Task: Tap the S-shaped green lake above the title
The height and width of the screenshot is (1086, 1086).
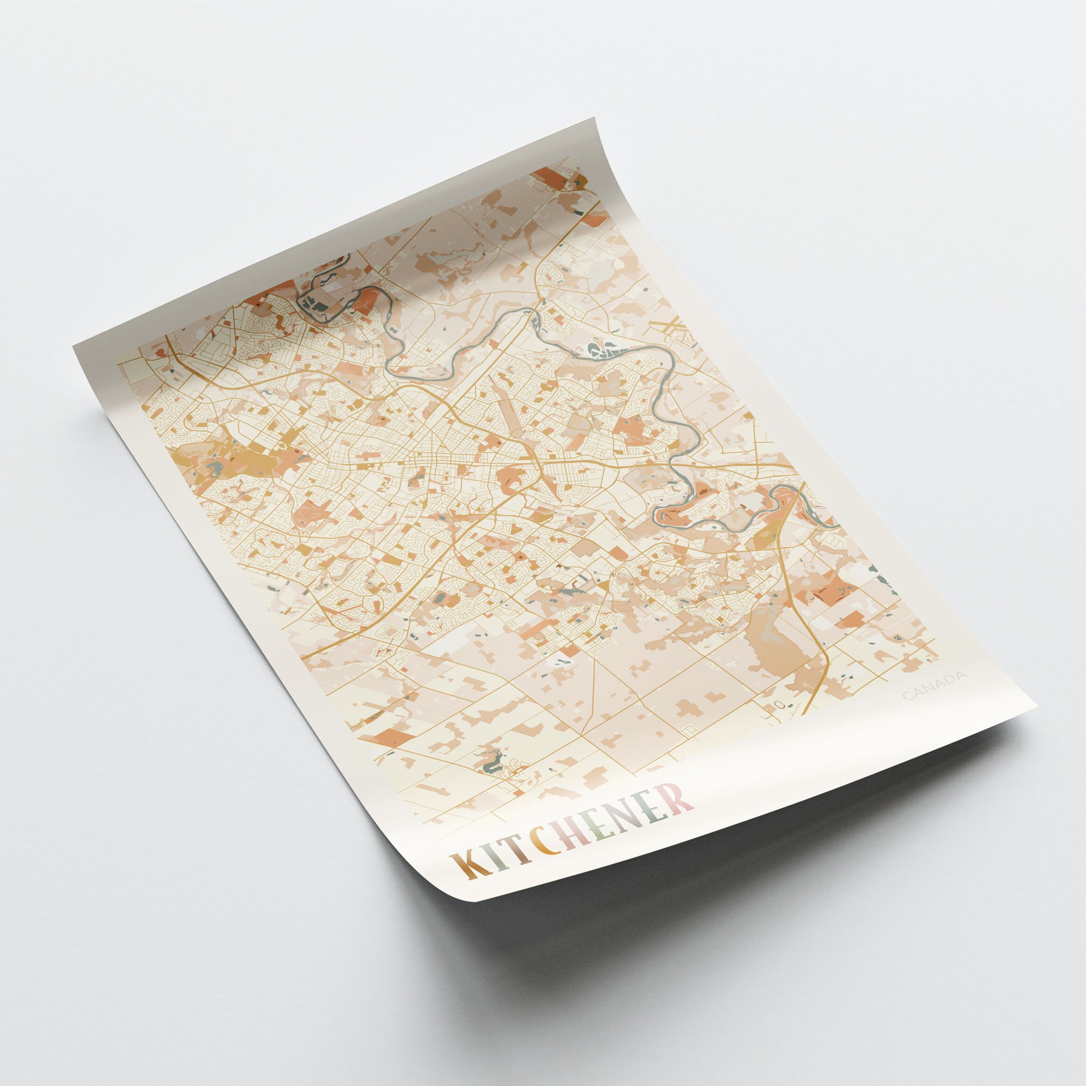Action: (x=490, y=762)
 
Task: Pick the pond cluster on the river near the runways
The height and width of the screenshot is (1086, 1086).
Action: (x=602, y=351)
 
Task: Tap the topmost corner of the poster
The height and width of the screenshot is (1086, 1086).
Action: (x=594, y=118)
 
